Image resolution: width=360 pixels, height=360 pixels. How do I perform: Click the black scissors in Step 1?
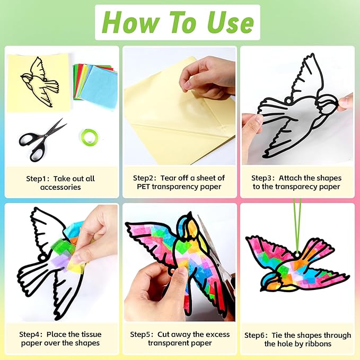(x=42, y=140)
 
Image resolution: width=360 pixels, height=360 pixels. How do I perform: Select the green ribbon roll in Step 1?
(x=90, y=137)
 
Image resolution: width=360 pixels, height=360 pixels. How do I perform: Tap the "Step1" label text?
(x=36, y=179)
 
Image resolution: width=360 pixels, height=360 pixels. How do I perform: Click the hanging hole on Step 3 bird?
(x=287, y=100)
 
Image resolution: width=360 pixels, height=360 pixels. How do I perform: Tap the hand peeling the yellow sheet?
(x=208, y=77)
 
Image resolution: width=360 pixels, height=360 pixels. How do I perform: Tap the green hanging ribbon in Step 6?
(x=297, y=227)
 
